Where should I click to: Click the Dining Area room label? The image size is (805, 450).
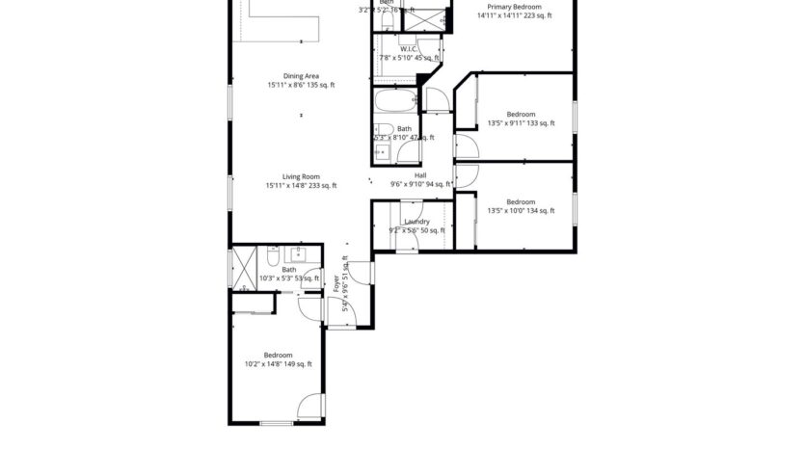point(301,76)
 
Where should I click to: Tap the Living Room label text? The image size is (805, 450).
point(301,176)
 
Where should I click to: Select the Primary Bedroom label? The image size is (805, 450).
point(513,7)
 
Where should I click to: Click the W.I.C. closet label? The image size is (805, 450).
point(408,48)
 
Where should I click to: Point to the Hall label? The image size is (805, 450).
point(420,175)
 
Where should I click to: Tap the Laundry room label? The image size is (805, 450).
point(416,222)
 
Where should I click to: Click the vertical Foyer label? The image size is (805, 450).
point(336,285)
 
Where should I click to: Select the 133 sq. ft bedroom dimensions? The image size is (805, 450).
point(521,123)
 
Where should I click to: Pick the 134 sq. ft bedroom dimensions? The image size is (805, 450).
point(521,211)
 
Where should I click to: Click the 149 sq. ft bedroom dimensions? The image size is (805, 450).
point(278,364)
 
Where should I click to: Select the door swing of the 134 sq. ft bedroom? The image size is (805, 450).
point(466,175)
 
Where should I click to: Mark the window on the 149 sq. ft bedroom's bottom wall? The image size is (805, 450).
point(277,423)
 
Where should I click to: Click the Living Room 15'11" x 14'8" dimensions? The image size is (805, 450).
point(301,186)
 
